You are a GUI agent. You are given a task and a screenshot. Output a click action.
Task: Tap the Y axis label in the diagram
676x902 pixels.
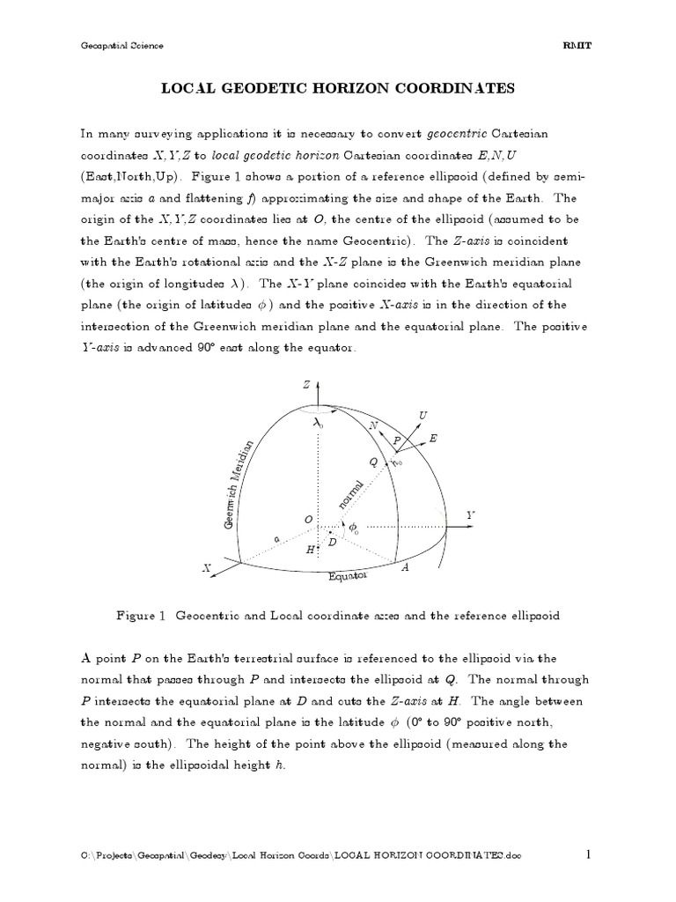point(471,514)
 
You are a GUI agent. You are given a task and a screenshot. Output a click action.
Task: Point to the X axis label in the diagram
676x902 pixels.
point(207,570)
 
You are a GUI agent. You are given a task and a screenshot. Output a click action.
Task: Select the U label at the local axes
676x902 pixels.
point(423,414)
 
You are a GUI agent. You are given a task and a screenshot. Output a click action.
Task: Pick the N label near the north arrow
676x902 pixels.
point(373,426)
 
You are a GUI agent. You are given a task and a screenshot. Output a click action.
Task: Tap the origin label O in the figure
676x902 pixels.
point(307,521)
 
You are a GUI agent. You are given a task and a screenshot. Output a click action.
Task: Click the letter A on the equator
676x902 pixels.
point(406,569)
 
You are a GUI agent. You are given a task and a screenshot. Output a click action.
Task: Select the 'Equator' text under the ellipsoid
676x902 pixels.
point(348,577)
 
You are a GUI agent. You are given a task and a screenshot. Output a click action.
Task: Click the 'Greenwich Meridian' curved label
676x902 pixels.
point(240,484)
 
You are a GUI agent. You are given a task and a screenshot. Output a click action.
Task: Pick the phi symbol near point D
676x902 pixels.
point(354,528)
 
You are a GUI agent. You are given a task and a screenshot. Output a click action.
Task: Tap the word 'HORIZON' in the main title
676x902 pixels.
point(343,88)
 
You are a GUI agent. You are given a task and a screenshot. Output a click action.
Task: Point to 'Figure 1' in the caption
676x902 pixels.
point(141,616)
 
